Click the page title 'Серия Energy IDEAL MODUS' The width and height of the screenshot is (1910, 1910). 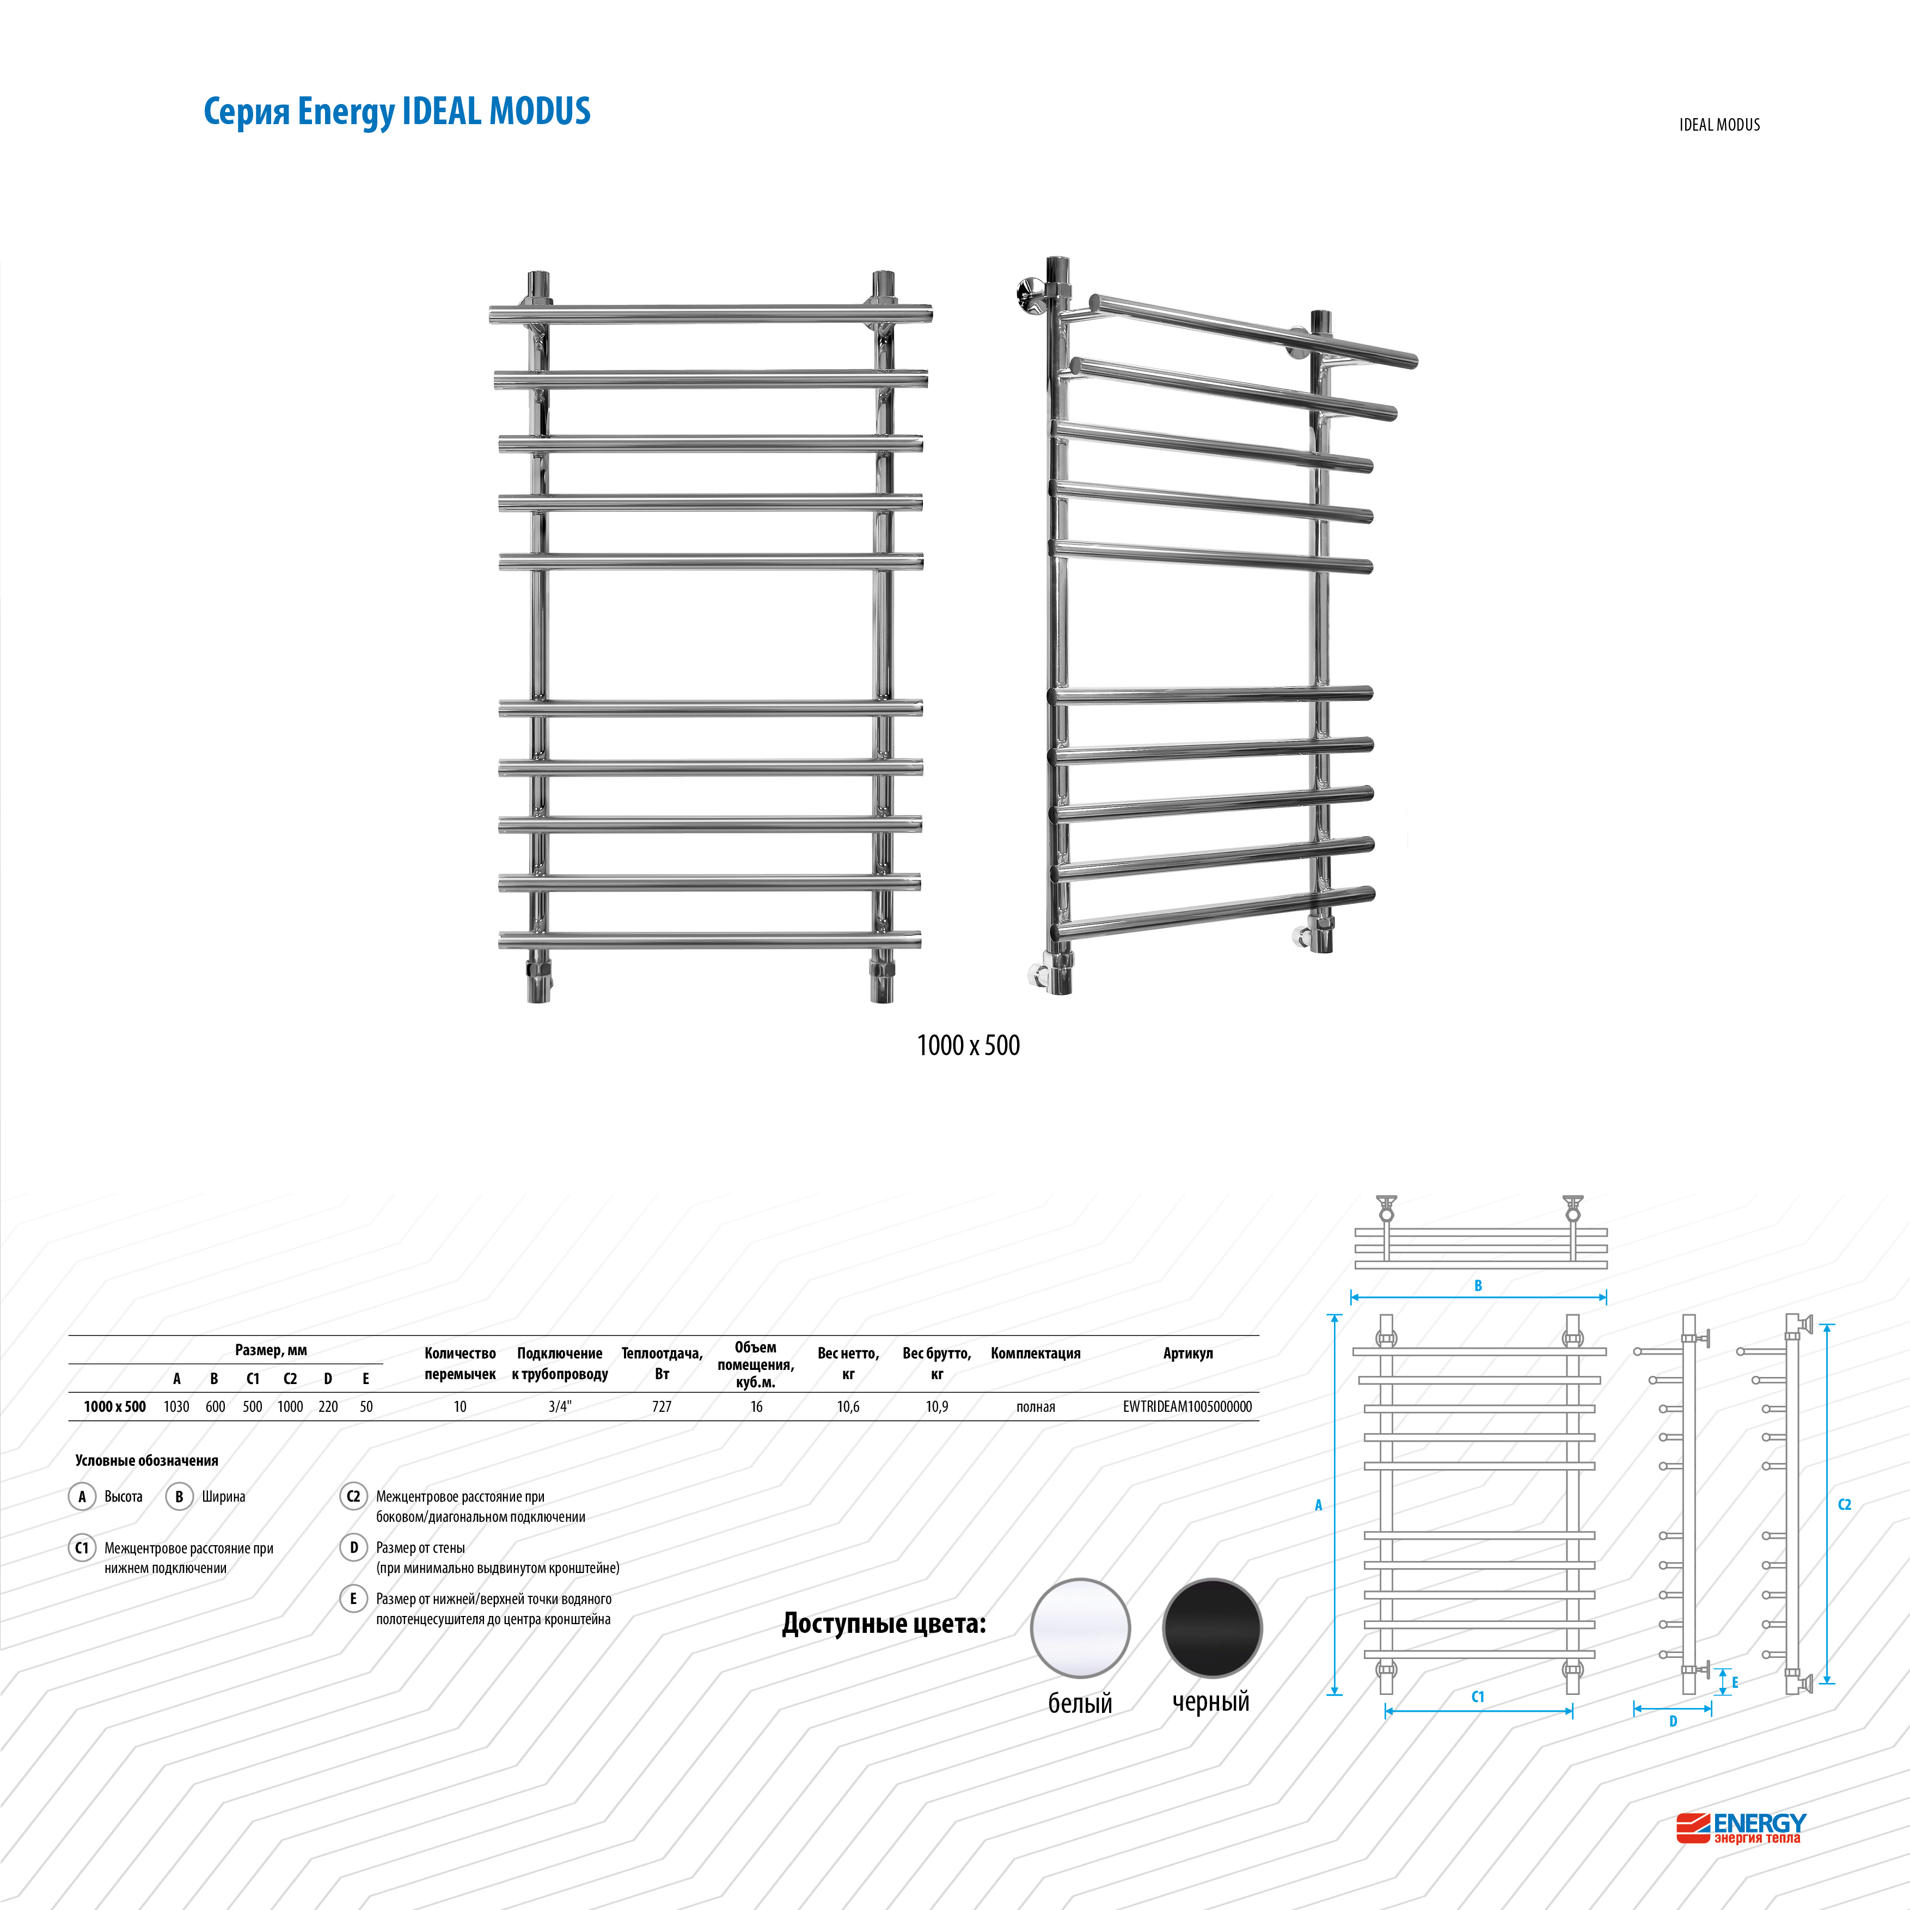[x=396, y=112]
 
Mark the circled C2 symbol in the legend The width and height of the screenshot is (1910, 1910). [x=353, y=1496]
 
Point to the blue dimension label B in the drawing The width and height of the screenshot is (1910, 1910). [x=1478, y=1285]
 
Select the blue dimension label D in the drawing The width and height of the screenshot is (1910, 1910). [x=1673, y=1721]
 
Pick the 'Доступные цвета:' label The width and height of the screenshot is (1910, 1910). [x=884, y=1623]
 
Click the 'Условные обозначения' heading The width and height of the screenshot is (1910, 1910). [x=146, y=1460]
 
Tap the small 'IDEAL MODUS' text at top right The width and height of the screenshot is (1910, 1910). [x=1719, y=125]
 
